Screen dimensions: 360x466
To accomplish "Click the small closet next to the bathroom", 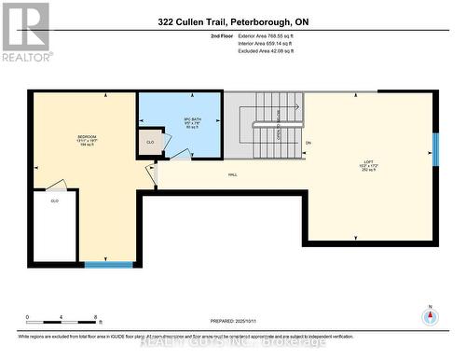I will pyautogui.click(x=150, y=143).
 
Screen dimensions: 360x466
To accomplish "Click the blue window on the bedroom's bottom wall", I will pyautogui.click(x=108, y=264).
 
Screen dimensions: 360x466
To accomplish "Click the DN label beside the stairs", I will pyautogui.click(x=308, y=143).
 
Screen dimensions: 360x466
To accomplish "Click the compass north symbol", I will pyautogui.click(x=430, y=316).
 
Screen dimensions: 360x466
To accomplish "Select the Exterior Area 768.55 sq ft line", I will pyautogui.click(x=272, y=35).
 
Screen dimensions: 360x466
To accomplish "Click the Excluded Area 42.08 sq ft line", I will pyautogui.click(x=272, y=52).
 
